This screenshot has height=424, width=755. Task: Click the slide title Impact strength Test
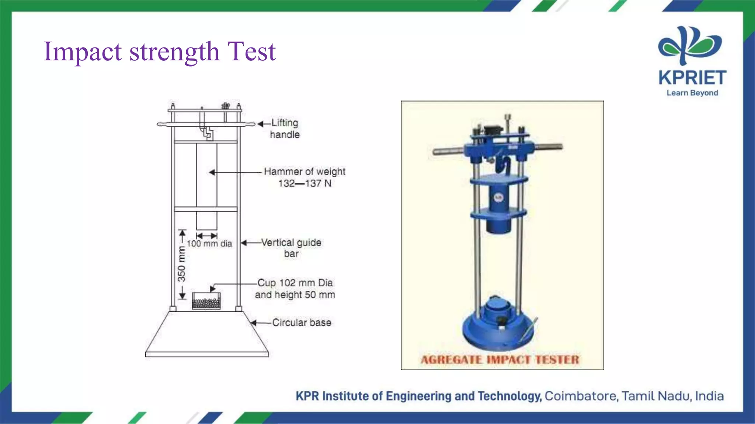pyautogui.click(x=159, y=52)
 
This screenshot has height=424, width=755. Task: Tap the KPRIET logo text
pyautogui.click(x=692, y=78)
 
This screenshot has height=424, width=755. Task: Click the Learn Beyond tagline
pyautogui.click(x=692, y=93)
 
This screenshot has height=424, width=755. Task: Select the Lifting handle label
pyautogui.click(x=285, y=128)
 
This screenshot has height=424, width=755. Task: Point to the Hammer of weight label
pyautogui.click(x=305, y=172)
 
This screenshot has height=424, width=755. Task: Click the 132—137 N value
pyautogui.click(x=305, y=183)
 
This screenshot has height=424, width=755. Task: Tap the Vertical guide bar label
pyautogui.click(x=291, y=248)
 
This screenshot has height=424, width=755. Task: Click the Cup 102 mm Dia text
pyautogui.click(x=295, y=283)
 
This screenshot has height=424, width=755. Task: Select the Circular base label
pyautogui.click(x=302, y=322)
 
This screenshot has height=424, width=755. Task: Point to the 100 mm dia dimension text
pyautogui.click(x=209, y=244)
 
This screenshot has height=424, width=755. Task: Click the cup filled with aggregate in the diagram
pyautogui.click(x=206, y=301)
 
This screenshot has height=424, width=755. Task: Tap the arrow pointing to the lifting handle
pyautogui.click(x=263, y=124)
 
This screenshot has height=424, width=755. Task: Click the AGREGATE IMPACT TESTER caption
pyautogui.click(x=500, y=360)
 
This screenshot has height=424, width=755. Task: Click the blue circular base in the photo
pyautogui.click(x=498, y=331)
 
